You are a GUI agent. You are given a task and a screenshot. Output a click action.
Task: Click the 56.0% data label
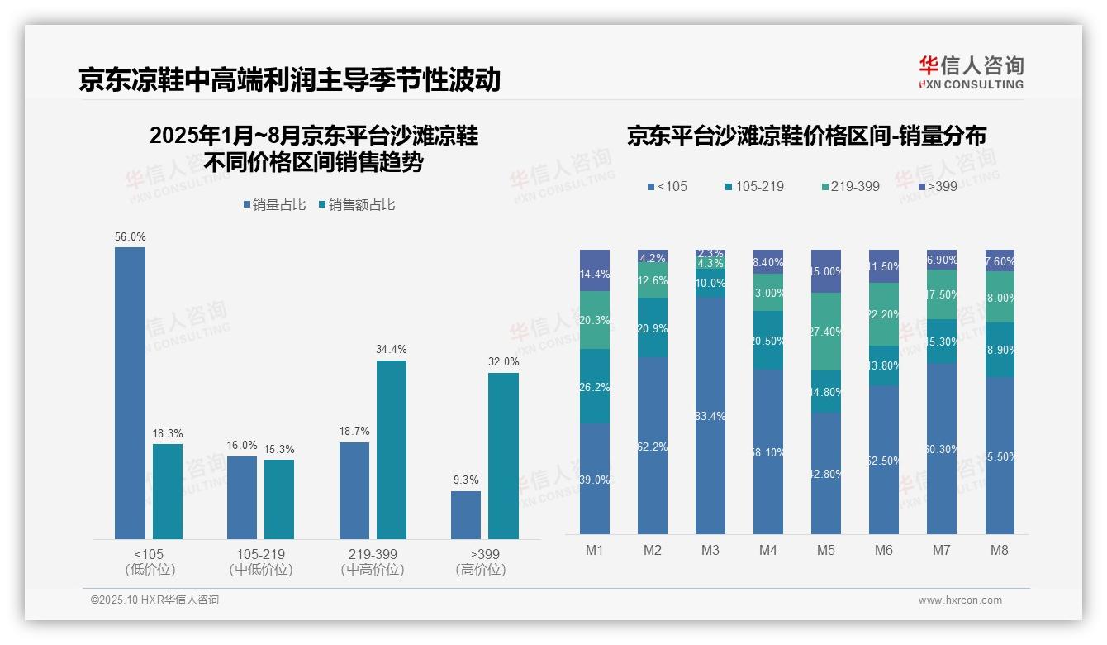[131, 236]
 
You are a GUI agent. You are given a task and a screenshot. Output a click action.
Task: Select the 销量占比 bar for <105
[131, 393]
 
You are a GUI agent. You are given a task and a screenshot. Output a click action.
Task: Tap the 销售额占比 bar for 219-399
[392, 450]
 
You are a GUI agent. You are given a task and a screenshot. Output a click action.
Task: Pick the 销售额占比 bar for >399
[503, 456]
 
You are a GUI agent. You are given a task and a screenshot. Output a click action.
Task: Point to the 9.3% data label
[466, 480]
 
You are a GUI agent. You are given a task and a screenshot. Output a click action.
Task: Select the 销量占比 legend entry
[273, 205]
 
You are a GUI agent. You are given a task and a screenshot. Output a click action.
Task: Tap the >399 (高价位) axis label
[480, 561]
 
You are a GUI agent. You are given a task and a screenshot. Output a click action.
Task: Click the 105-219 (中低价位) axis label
[260, 561]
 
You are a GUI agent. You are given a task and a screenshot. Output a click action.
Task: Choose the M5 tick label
[826, 550]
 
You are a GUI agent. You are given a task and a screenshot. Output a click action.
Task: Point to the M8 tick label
[1000, 550]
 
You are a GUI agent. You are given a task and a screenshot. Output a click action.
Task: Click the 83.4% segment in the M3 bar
[710, 416]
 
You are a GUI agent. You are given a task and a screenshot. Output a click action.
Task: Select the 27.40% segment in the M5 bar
[826, 332]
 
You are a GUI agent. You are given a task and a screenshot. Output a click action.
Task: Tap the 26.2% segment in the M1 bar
[595, 386]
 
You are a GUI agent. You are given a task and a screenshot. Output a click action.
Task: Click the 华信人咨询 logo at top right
[971, 72]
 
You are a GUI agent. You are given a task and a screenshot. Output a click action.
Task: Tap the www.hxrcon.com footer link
[960, 600]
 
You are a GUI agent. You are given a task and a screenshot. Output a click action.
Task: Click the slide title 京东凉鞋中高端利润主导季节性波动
[290, 79]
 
